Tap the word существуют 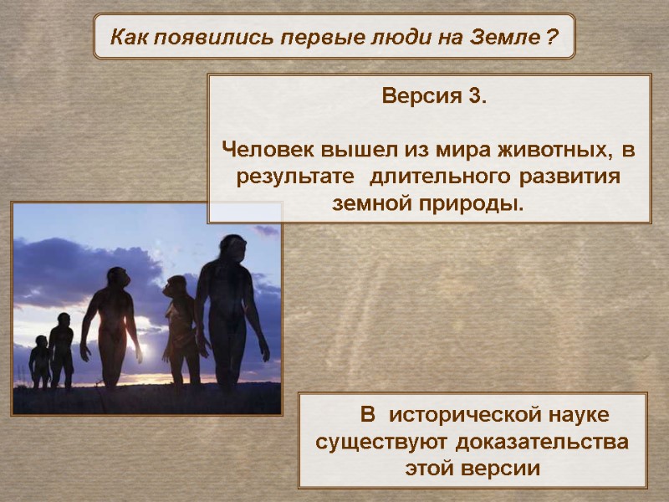[x=374, y=441]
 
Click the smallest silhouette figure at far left [x=39, y=361]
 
